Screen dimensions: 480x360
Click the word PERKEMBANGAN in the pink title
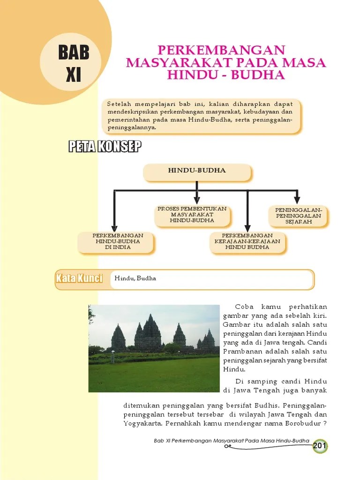[x=221, y=50]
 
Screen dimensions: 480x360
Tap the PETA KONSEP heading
[x=105, y=147]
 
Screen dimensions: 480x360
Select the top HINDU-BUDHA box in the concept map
[x=197, y=171]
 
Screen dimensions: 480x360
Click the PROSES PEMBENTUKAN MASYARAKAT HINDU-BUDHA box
[x=192, y=215]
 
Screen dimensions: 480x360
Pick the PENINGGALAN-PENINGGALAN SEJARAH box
[x=299, y=216]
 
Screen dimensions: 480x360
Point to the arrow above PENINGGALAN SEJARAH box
[x=296, y=197]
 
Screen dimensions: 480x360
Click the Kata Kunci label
[x=79, y=278]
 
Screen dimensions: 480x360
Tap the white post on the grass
[x=112, y=358]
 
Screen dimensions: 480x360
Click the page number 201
[x=320, y=446]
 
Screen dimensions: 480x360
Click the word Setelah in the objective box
[x=119, y=103]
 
